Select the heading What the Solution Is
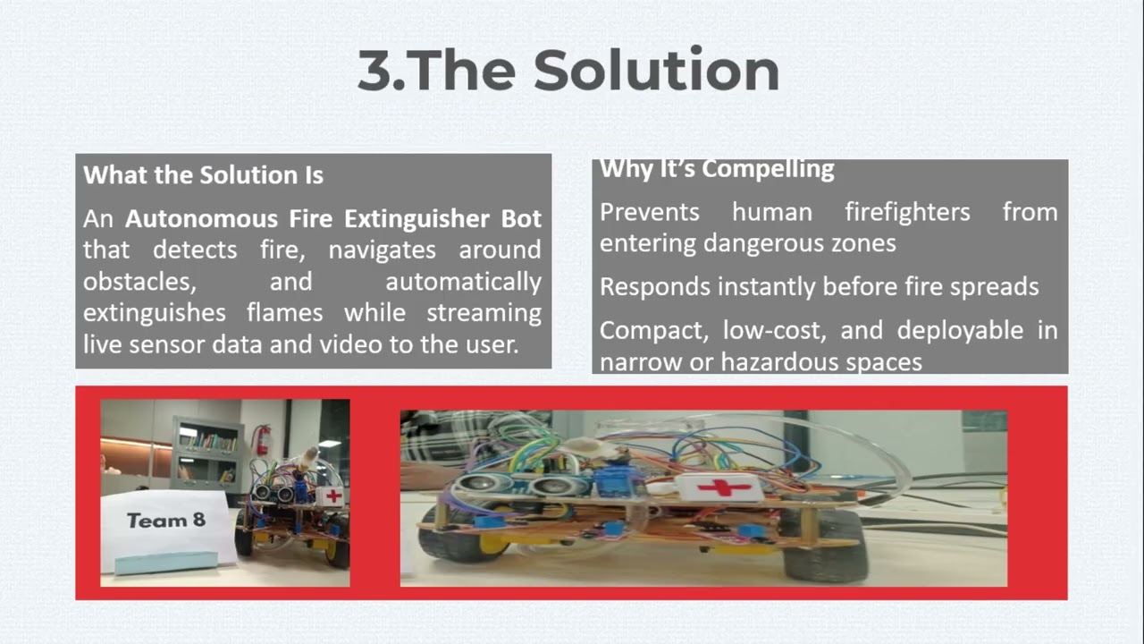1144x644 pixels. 203,174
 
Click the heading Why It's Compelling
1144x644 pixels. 717,169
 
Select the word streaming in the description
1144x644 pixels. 484,313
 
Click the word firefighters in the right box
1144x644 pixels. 907,212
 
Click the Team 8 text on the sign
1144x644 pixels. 165,520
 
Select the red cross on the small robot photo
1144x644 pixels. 332,496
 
